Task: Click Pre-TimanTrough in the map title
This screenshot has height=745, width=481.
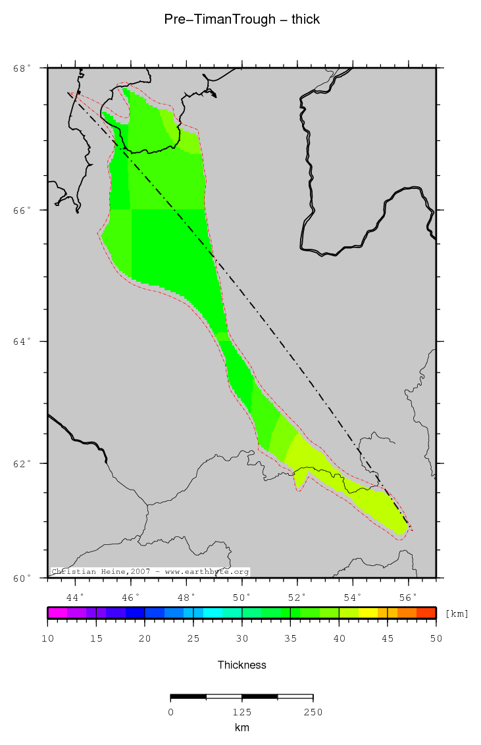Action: pyautogui.click(x=220, y=20)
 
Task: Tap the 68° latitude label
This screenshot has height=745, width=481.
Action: pyautogui.click(x=22, y=68)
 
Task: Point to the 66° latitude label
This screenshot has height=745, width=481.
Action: pyautogui.click(x=22, y=210)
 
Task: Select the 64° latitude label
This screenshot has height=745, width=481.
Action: pyautogui.click(x=22, y=342)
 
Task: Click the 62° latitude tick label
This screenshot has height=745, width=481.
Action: pyautogui.click(x=22, y=463)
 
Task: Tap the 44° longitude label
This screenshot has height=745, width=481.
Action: pyautogui.click(x=76, y=597)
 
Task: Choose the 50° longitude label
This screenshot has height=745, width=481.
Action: pyautogui.click(x=243, y=597)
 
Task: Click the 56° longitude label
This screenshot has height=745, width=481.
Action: pyautogui.click(x=409, y=597)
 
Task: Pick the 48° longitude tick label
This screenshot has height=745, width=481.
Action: pyautogui.click(x=188, y=597)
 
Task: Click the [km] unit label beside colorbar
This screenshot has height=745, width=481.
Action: pyautogui.click(x=457, y=613)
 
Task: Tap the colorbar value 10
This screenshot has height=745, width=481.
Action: pyautogui.click(x=47, y=638)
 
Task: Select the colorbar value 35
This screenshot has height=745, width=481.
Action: pyautogui.click(x=290, y=638)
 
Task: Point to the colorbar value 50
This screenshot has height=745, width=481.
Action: pyautogui.click(x=436, y=638)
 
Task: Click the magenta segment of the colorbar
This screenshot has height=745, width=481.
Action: pyautogui.click(x=57, y=613)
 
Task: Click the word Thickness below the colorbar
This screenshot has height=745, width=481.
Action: pyautogui.click(x=242, y=665)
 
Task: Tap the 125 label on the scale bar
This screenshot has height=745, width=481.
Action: pyautogui.click(x=241, y=712)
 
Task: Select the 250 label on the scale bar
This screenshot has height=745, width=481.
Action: pyautogui.click(x=313, y=712)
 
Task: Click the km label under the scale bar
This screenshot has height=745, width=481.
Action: pyautogui.click(x=241, y=727)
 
